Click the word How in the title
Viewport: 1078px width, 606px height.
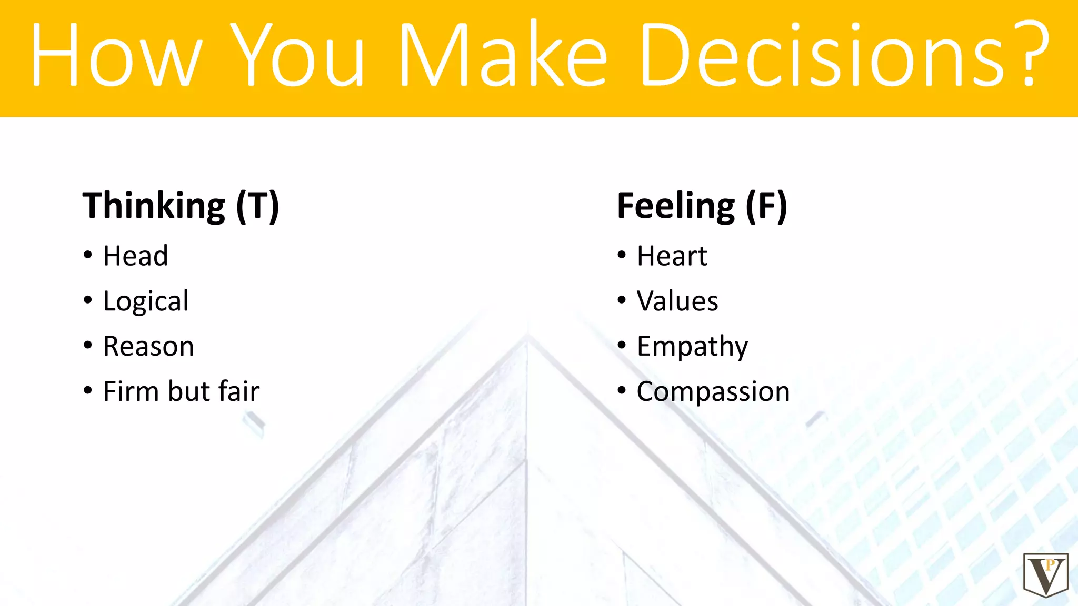116,55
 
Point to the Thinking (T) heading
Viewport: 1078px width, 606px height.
181,206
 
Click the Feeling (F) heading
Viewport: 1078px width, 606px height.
702,206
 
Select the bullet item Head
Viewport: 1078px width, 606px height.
135,256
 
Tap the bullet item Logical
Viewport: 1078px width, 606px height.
146,301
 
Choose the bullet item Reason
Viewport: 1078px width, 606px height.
148,347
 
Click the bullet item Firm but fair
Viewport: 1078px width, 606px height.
181,391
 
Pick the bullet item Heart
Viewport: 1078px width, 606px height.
672,256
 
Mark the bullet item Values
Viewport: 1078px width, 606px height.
677,301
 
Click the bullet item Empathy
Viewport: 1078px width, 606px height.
692,347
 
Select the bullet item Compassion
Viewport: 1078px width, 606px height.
713,392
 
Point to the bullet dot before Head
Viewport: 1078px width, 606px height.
88,256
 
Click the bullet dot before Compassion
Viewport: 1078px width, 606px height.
622,391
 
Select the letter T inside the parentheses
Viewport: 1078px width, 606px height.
258,206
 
